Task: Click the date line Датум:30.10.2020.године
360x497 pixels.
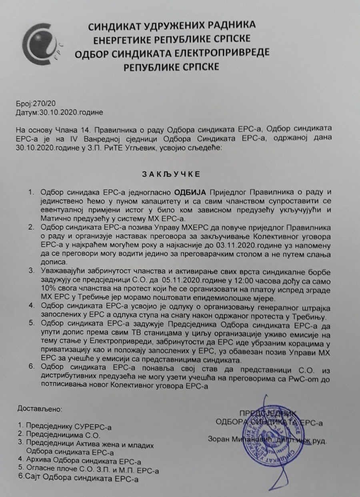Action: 60,112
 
